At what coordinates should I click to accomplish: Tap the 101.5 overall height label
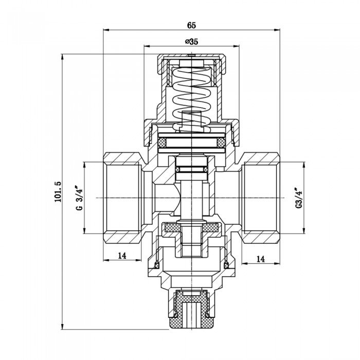(x=57, y=191)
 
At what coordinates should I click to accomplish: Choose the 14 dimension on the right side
(x=261, y=260)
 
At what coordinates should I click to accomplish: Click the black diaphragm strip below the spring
(x=191, y=140)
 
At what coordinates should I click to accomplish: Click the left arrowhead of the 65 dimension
(x=105, y=30)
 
